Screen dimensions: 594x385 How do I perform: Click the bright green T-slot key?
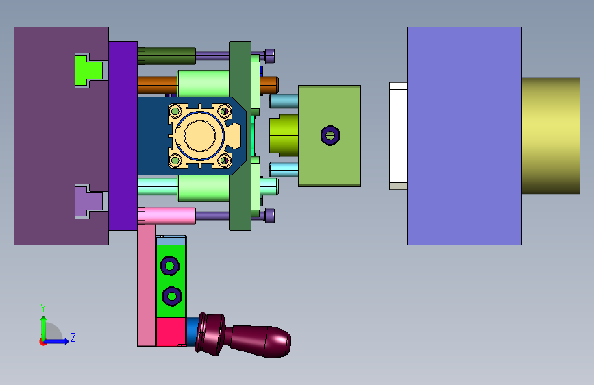[88, 71]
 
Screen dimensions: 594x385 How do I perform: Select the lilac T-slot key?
[88, 201]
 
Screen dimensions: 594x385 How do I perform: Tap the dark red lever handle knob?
[243, 336]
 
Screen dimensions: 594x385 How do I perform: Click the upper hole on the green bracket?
[170, 266]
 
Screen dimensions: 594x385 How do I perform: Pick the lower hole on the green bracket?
[171, 296]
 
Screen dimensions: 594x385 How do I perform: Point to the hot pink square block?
[171, 332]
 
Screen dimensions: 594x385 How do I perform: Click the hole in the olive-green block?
[330, 135]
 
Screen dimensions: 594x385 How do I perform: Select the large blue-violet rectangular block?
[465, 136]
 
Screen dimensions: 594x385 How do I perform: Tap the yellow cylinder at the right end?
[551, 136]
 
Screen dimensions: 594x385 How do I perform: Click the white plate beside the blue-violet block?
[398, 136]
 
